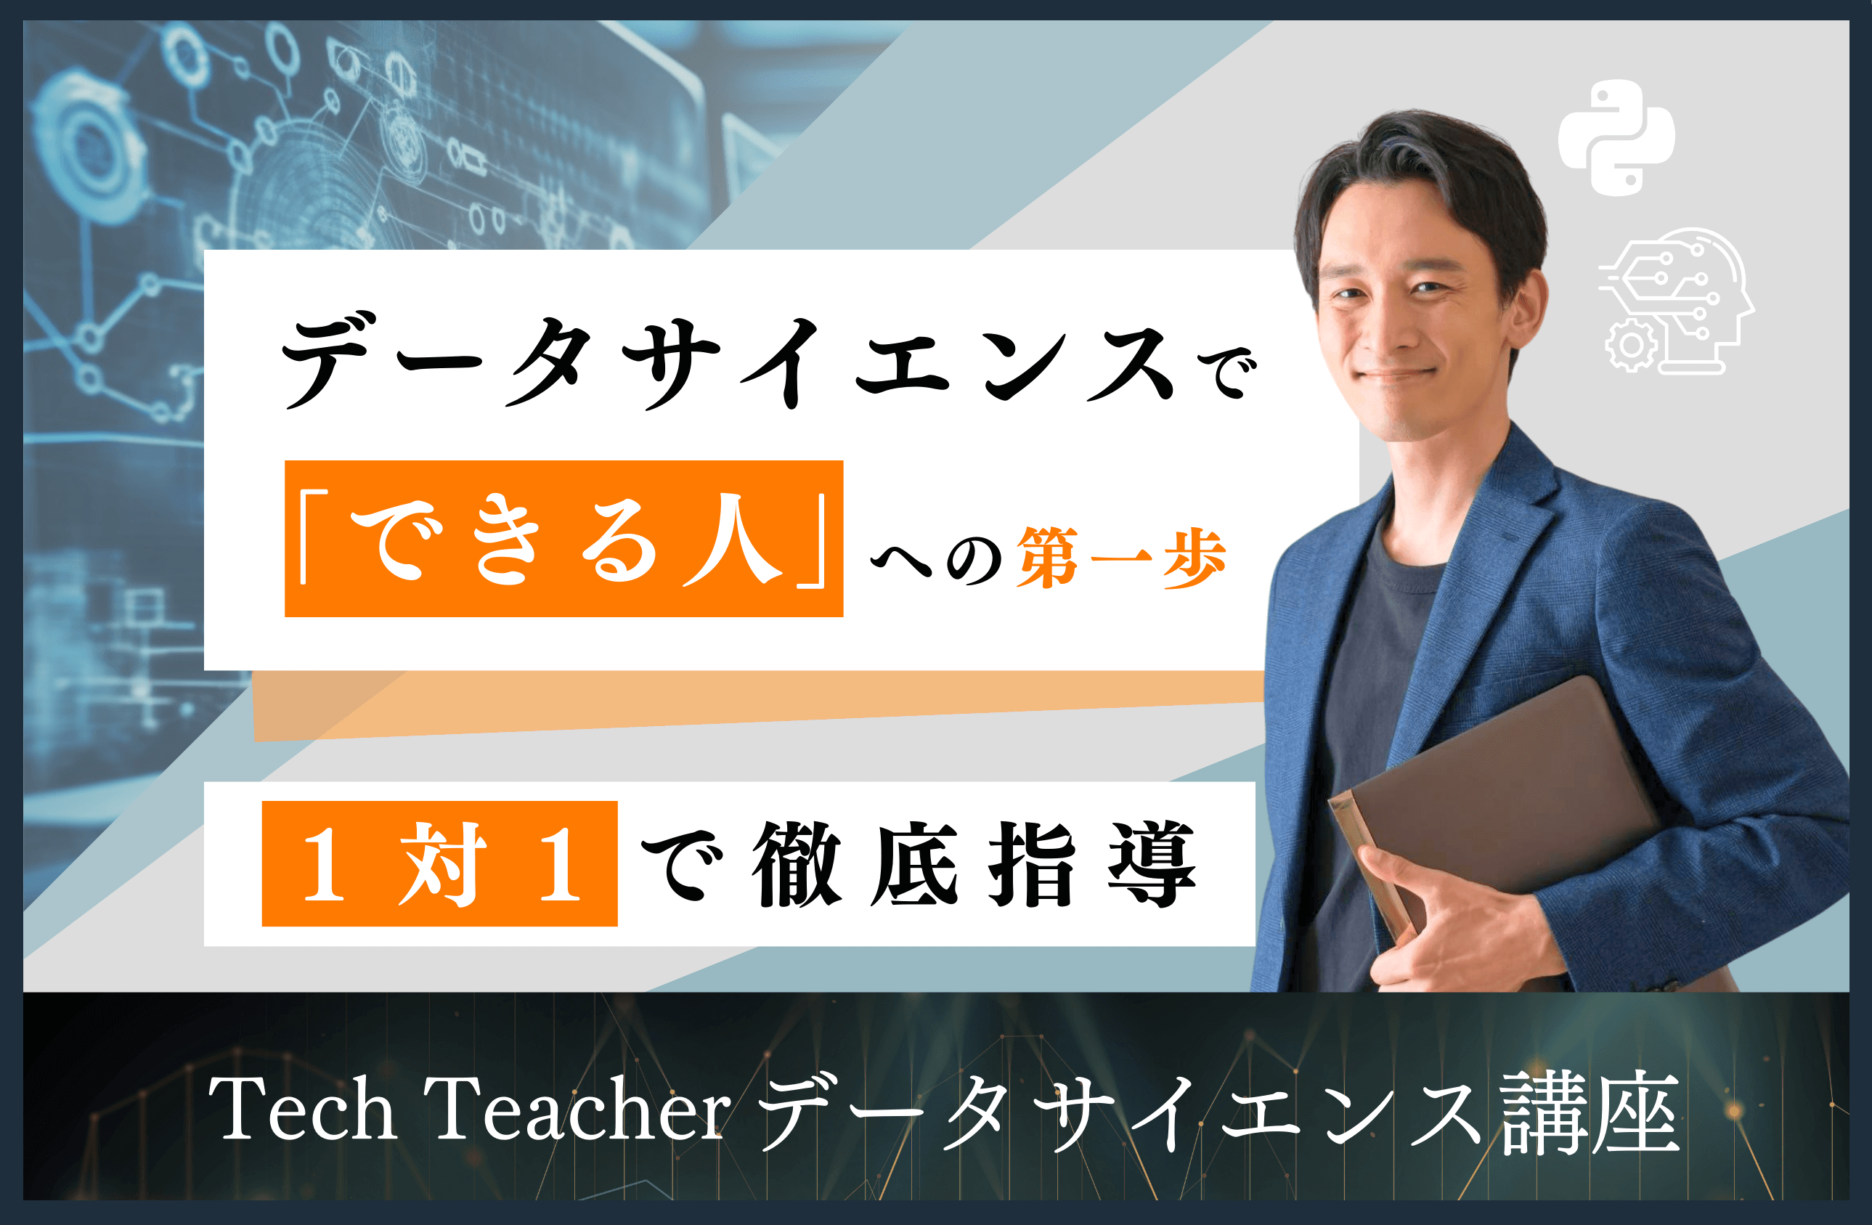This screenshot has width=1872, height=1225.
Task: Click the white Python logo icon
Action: pyautogui.click(x=1616, y=139)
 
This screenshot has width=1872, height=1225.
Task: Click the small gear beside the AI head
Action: pyautogui.click(x=1630, y=345)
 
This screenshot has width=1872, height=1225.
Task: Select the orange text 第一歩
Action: pyautogui.click(x=1121, y=558)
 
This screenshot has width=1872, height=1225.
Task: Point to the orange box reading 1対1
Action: pyautogui.click(x=439, y=863)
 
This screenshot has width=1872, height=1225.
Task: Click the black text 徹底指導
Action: pyautogui.click(x=974, y=863)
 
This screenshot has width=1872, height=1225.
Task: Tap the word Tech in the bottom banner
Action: pyautogui.click(x=302, y=1110)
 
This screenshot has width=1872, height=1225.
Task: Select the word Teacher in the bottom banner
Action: pyautogui.click(x=578, y=1110)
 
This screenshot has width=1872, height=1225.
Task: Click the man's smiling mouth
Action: pyautogui.click(x=1396, y=375)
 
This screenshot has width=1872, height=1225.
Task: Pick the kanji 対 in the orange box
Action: pyautogui.click(x=442, y=863)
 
